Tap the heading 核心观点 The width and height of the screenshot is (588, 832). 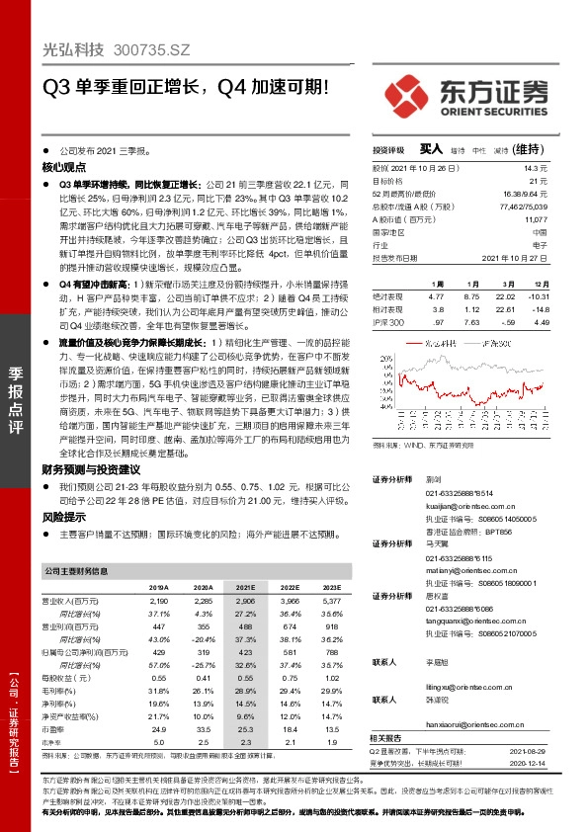coord(63,169)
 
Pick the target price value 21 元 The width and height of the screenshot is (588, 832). coord(539,181)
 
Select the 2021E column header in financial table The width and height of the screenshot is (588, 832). coord(245,586)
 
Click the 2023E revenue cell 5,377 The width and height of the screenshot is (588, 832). coord(331,600)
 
